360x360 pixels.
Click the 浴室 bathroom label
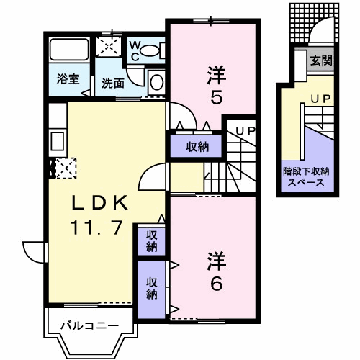tap(68, 78)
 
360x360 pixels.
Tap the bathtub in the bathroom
tap(69, 50)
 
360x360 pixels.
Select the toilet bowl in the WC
tap(149, 50)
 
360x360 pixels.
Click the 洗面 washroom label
tap(113, 84)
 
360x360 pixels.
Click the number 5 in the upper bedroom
tap(216, 97)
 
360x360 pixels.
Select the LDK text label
tap(100, 203)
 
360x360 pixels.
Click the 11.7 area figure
tap(96, 228)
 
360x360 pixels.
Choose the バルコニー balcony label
tap(90, 326)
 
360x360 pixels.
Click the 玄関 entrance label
tap(321, 60)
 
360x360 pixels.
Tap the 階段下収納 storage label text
tap(306, 171)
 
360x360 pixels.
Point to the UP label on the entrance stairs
tap(321, 98)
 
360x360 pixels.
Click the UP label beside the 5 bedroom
tap(246, 131)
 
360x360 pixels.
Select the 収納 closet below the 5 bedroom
tap(196, 146)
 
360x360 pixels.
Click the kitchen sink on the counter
tap(58, 141)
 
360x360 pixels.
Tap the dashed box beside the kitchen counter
tap(66, 168)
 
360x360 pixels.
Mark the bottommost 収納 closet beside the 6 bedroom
tap(152, 289)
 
